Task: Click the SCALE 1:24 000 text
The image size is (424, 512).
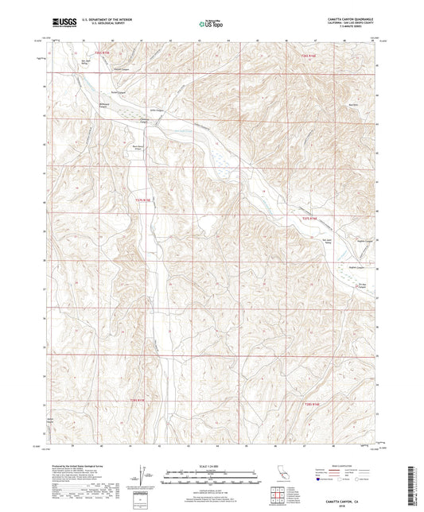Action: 211,465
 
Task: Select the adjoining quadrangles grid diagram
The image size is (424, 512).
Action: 280,494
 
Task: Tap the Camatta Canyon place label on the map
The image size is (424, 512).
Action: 144,121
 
